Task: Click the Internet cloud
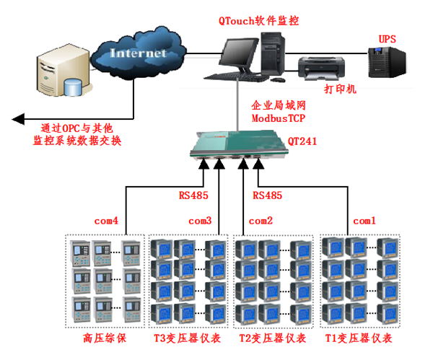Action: [x=138, y=53]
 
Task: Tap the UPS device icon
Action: [x=385, y=62]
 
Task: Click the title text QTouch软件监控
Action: [x=259, y=21]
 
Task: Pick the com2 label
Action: [x=261, y=219]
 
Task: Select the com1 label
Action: [x=364, y=219]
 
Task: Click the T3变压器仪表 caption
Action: [x=190, y=337]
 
